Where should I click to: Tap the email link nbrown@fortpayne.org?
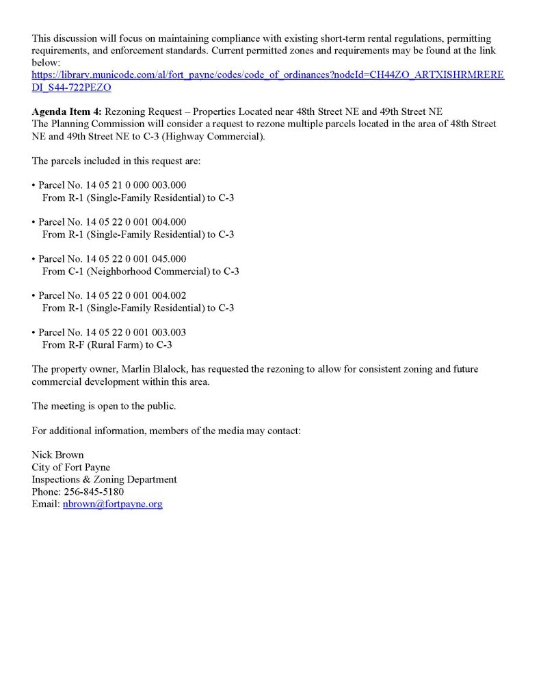pos(112,504)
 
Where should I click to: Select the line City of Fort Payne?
pos(70,468)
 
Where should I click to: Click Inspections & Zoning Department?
pos(104,480)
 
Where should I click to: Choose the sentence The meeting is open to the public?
pos(104,406)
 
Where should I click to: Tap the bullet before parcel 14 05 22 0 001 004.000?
pos(34,223)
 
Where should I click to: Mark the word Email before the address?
pos(44,504)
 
